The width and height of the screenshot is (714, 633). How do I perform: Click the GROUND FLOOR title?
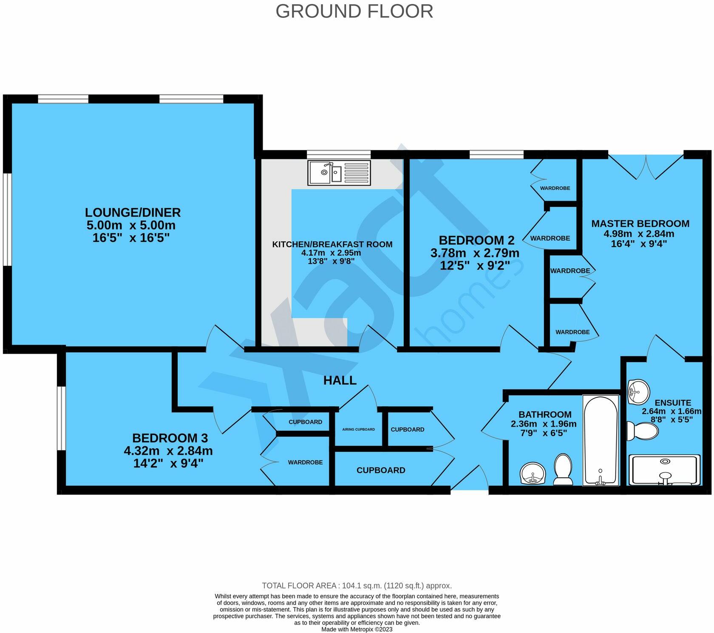pos(354,11)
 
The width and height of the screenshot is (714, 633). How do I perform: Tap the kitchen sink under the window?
pos(339,173)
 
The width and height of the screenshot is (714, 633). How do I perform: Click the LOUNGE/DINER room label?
pos(133,212)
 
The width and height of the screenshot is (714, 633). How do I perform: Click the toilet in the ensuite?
pos(643,431)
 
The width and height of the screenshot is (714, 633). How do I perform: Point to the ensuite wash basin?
pos(638,391)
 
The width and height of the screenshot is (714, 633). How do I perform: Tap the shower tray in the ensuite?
pos(664,470)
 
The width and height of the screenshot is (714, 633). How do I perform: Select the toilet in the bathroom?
pos(563,469)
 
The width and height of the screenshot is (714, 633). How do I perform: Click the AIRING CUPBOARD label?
pos(358,429)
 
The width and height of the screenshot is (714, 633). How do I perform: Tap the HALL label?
pos(340,380)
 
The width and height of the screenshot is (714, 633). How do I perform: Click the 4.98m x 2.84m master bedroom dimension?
pos(639,234)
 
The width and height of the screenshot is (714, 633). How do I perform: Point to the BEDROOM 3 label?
pos(170,438)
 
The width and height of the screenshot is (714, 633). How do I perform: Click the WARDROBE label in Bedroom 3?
pos(305,462)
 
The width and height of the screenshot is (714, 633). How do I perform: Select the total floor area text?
pos(357,586)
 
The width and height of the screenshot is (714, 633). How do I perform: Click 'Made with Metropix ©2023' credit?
pos(357,629)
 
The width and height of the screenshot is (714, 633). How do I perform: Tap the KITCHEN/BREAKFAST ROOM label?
pos(332,244)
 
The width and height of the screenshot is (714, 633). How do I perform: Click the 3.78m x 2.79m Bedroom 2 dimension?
pos(475,253)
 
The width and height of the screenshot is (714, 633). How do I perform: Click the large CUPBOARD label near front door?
pos(380,470)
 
